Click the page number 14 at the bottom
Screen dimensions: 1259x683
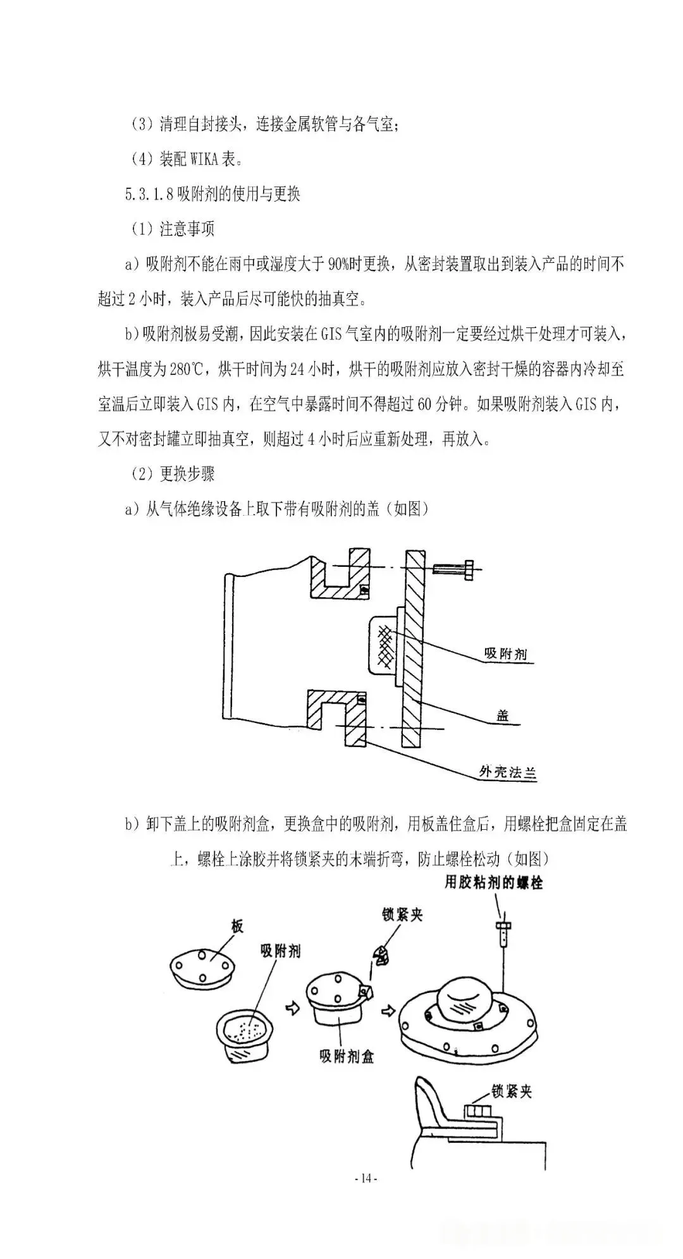point(366,1178)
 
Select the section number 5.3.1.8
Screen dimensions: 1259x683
point(149,193)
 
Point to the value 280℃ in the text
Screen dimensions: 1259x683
point(187,368)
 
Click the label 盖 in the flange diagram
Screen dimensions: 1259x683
point(503,716)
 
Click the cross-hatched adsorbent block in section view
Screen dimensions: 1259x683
point(385,646)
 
